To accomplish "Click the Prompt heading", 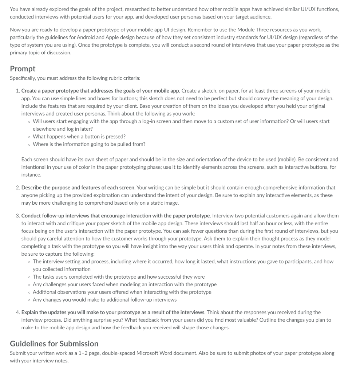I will click(23, 68).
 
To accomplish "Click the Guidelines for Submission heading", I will click(54, 343).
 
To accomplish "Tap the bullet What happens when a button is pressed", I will click(79, 137).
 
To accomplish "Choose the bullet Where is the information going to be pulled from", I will click(89, 144).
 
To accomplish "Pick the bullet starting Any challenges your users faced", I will click(124, 284).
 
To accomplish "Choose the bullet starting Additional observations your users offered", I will click(122, 292).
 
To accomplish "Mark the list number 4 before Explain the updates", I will click(18, 313).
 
